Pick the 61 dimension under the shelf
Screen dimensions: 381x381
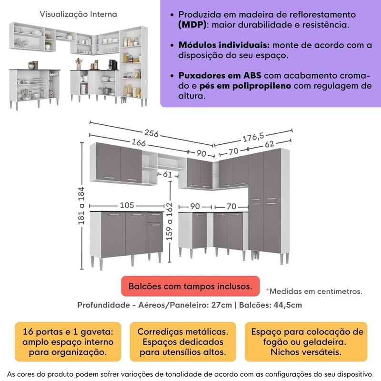[x=167, y=175]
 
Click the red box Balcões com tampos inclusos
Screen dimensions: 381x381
[x=190, y=286]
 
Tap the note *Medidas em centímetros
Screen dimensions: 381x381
[x=314, y=291]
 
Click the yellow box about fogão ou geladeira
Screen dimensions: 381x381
[x=305, y=342]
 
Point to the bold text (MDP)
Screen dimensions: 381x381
[x=193, y=24]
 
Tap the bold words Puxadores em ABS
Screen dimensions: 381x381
[x=220, y=76]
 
